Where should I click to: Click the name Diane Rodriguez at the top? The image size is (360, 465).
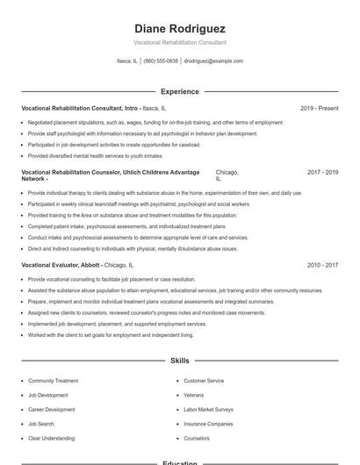point(180,28)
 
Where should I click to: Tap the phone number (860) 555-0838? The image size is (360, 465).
point(161,61)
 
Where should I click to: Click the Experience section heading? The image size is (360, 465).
point(180,91)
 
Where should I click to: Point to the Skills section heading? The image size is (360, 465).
point(180,361)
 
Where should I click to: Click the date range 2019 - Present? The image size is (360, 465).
point(319,108)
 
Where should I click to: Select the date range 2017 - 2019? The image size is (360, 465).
point(322,172)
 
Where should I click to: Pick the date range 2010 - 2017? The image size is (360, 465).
point(322,264)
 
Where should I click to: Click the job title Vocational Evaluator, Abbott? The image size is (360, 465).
point(61,264)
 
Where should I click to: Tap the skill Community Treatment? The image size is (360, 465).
point(53,381)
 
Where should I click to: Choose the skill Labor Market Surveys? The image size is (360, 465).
point(208,409)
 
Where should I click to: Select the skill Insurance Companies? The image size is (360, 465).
point(207,423)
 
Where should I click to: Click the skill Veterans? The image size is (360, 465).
point(194,395)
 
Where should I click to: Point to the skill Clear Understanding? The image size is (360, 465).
point(51,437)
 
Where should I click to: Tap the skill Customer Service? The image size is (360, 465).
point(204,381)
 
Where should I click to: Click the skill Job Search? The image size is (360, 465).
point(40,423)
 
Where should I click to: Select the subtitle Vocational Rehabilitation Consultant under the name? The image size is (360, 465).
point(180,42)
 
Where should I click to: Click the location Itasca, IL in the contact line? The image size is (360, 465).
point(126,61)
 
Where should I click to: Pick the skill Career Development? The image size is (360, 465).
point(51,409)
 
